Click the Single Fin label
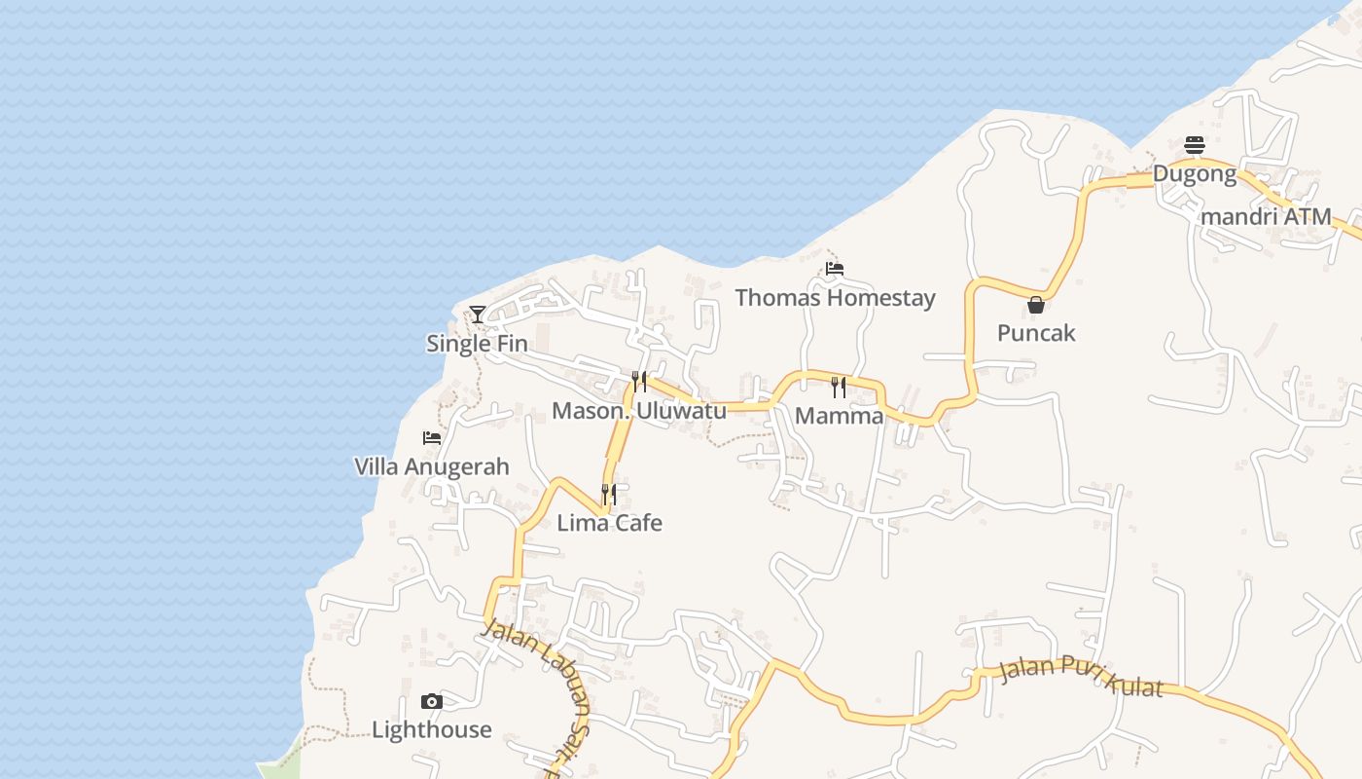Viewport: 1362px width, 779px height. [477, 344]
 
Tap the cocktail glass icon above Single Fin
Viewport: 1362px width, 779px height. [478, 314]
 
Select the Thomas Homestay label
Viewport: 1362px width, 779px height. [835, 298]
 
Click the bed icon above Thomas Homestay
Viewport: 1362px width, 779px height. [835, 269]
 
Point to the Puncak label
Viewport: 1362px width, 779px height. [1036, 333]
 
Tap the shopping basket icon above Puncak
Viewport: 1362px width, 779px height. [1036, 305]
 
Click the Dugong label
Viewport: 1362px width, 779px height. [1195, 174]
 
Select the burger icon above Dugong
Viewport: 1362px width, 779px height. [1195, 146]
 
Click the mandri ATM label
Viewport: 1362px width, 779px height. [1266, 217]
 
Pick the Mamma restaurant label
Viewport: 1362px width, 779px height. [839, 417]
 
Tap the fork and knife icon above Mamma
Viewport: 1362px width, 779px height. [839, 388]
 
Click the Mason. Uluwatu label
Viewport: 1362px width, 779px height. [639, 411]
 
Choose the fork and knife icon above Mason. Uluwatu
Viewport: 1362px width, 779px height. [639, 381]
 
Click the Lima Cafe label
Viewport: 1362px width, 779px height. [609, 523]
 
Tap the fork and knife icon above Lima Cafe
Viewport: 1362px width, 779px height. [609, 495]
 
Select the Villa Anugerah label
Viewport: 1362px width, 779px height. [432, 466]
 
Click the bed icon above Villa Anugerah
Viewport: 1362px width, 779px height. [432, 438]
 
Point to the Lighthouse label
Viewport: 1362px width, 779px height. [432, 730]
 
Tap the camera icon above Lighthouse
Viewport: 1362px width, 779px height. [432, 701]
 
